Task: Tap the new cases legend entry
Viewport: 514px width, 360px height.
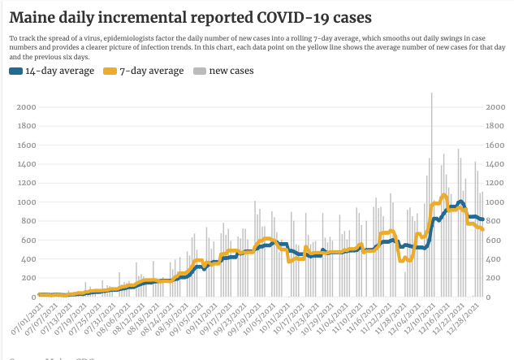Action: [x=231, y=71]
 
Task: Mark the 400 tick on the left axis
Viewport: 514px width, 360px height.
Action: [x=26, y=258]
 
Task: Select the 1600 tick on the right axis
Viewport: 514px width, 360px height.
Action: [x=497, y=145]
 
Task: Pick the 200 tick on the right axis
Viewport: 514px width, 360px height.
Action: [x=494, y=277]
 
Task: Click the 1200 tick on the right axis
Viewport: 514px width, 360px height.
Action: [x=497, y=183]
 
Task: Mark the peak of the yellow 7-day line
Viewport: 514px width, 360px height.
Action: [x=444, y=195]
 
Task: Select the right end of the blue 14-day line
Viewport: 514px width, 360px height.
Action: [x=483, y=219]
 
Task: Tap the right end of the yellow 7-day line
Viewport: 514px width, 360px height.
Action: [x=483, y=229]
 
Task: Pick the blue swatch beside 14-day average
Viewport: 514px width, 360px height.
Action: [x=15, y=71]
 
